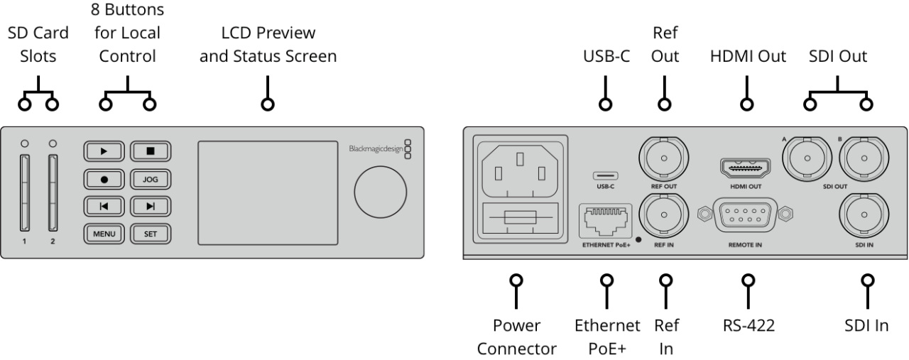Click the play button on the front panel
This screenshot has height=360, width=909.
point(104,151)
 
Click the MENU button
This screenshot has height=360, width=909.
point(104,232)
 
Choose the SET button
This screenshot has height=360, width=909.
point(150,232)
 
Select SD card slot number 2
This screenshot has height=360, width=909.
point(53,194)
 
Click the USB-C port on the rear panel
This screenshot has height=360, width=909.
point(605,175)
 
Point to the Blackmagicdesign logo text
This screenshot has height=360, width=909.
point(376,149)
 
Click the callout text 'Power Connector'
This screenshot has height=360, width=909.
point(516,337)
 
